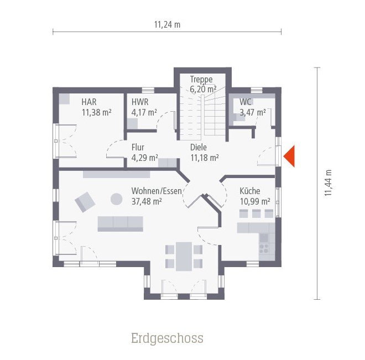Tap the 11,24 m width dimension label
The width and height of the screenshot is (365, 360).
(167, 24)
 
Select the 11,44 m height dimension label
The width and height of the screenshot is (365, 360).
(328, 183)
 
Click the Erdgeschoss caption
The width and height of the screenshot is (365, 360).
(167, 338)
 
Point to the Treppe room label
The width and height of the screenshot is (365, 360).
(201, 79)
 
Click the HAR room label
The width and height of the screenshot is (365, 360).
(89, 102)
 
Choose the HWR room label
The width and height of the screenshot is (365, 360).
(140, 102)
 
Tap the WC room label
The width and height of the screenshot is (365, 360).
(246, 102)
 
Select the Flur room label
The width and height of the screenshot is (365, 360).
(138, 148)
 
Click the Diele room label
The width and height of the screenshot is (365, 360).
(199, 148)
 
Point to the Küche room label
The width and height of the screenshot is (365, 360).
(249, 191)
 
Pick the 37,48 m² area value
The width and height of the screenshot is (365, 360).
(147, 201)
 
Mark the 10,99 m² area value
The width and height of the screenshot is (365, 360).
(255, 201)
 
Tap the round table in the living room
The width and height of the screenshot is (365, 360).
(117, 198)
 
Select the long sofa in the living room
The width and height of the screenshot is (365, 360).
(120, 223)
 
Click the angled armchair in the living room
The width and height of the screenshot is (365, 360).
(85, 201)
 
